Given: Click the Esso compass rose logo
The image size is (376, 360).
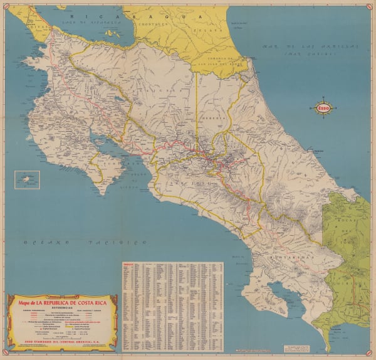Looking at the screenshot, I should tap(324, 109).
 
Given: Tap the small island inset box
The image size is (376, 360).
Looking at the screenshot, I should tap(27, 180).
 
